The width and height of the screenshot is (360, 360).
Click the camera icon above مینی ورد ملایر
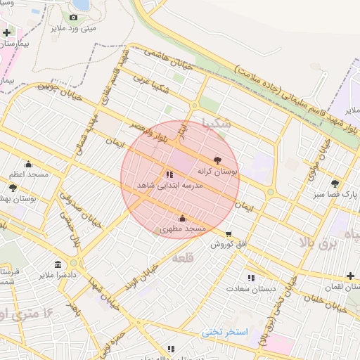point(73,17)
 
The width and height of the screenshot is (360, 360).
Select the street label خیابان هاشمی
point(167,58)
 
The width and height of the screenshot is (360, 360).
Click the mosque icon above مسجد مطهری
point(183,218)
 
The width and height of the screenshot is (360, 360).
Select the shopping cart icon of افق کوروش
point(229,233)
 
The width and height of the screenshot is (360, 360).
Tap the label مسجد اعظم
point(28,173)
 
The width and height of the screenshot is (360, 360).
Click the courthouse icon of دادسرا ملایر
point(58,264)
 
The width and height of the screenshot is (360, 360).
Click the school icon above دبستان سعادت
point(251,278)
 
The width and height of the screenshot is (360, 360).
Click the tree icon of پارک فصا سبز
point(334,183)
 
